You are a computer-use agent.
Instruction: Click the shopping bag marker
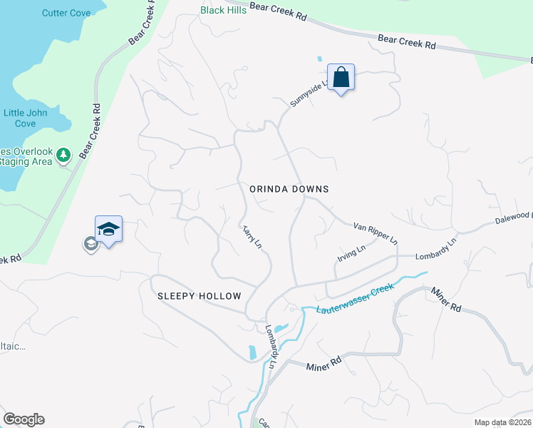[341, 78]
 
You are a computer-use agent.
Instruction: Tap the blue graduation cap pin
[108, 230]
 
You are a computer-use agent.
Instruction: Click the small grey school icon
[90, 245]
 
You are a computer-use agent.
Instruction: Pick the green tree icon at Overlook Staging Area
[63, 155]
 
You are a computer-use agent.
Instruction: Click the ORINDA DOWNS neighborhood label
[289, 189]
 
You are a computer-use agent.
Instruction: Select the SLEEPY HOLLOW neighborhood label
[200, 296]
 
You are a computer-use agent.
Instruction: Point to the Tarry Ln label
[252, 235]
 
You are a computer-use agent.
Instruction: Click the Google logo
[24, 419]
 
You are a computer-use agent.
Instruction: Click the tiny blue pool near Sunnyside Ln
[319, 58]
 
